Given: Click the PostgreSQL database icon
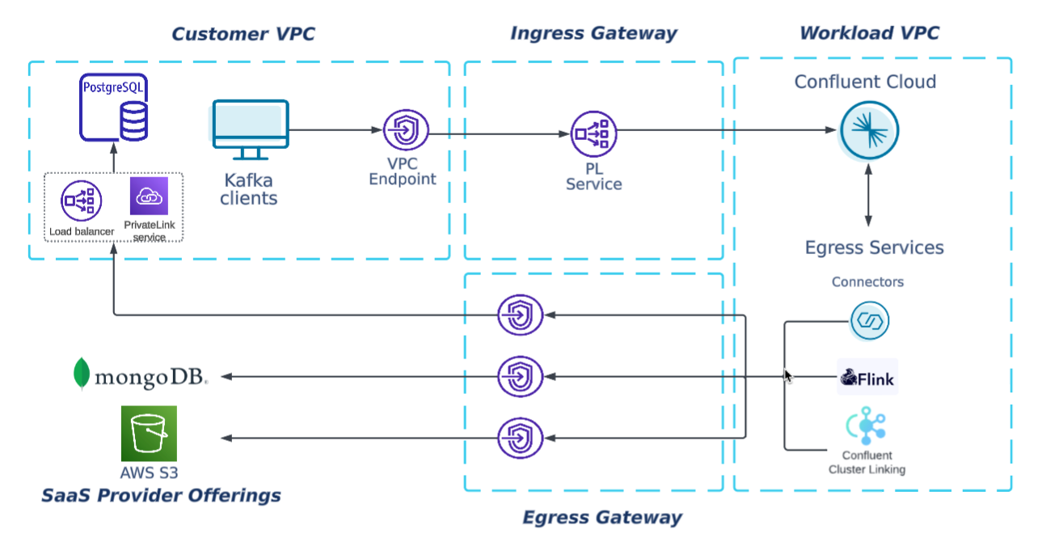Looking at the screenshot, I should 114,108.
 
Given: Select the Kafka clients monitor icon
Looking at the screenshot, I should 251,129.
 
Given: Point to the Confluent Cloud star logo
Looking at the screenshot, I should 869,130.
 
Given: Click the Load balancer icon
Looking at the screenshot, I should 81,201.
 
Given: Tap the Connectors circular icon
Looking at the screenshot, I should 869,321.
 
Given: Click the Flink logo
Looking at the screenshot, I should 867,377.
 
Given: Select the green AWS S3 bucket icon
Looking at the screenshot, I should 149,434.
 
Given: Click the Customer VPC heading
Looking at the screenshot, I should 243,34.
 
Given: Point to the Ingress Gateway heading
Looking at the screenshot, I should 593,34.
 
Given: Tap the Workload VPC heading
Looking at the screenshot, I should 869,34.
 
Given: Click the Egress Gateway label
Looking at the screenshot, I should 602,518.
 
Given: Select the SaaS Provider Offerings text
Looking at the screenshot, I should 161,496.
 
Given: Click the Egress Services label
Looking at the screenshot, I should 874,248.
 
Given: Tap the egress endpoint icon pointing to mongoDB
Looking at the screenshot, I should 520,376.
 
